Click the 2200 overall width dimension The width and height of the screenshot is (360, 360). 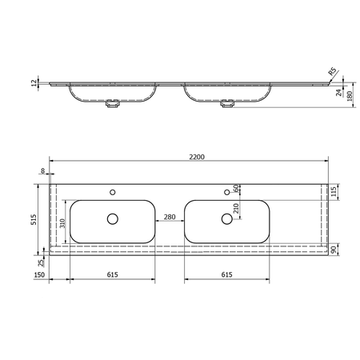197,157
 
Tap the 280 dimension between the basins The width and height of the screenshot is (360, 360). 170,217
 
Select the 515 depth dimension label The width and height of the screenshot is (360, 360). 34,219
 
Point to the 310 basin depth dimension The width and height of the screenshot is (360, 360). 62,223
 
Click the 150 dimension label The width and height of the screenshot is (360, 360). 39,274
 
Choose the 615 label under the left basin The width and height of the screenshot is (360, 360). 112,274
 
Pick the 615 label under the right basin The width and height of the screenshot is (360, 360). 226,274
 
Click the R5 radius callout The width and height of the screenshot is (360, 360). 332,72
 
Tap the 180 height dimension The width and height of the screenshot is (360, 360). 350,95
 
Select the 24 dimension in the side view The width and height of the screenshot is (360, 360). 338,93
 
